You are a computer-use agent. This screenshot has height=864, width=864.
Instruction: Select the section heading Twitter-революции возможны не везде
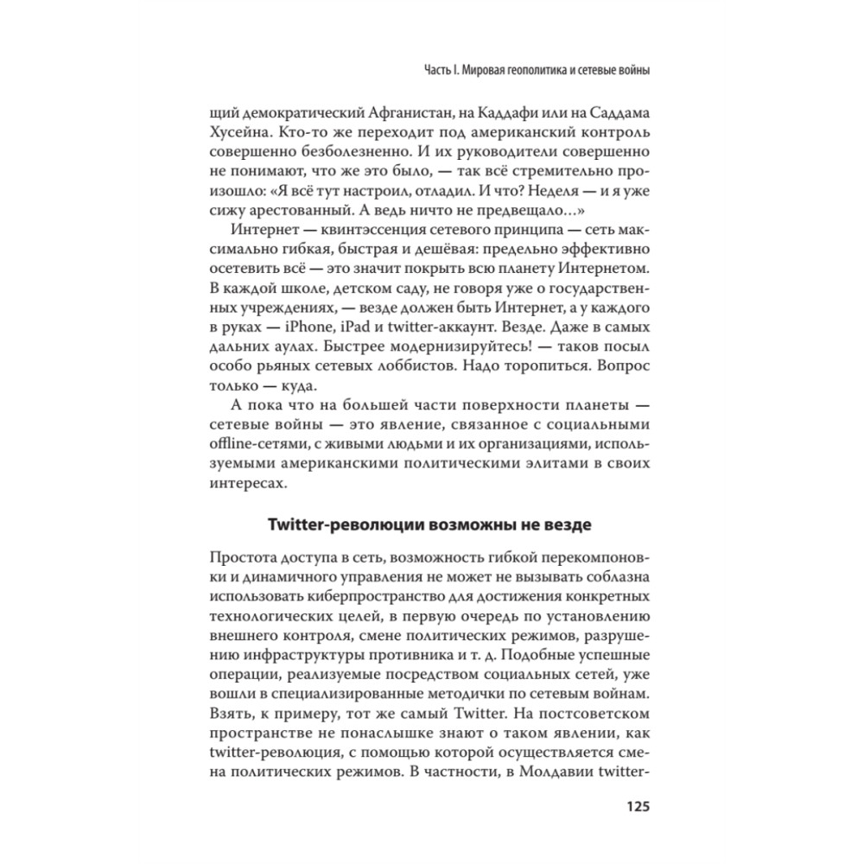pyautogui.click(x=429, y=524)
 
